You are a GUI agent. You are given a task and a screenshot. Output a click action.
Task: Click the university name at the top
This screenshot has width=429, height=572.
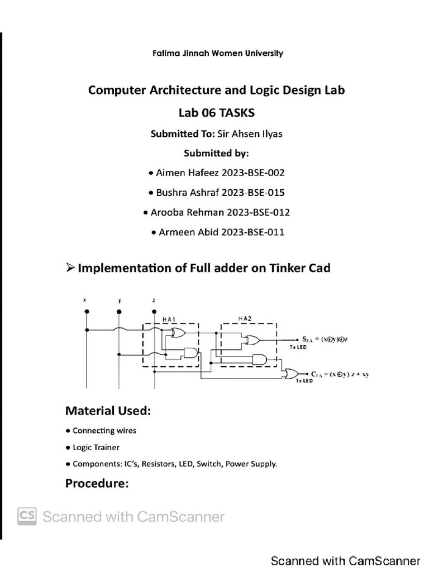click(218, 54)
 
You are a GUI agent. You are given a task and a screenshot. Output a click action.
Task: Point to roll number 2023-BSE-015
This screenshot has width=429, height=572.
click(253, 193)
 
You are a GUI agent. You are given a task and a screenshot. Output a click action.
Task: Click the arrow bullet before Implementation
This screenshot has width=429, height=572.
click(70, 268)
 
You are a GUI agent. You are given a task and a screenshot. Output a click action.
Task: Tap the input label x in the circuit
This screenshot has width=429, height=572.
click(85, 300)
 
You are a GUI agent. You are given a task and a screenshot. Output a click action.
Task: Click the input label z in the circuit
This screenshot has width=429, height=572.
click(154, 300)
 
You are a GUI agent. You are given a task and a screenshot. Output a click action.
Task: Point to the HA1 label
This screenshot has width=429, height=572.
click(169, 319)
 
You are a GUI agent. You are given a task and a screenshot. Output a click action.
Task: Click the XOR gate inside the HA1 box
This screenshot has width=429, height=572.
click(178, 333)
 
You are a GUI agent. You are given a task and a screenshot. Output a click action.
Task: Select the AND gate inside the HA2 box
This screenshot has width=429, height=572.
click(260, 359)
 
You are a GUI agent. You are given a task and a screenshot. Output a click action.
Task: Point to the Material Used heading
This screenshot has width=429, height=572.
click(108, 411)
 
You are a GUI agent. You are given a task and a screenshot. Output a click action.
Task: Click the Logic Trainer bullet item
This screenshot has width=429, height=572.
click(96, 447)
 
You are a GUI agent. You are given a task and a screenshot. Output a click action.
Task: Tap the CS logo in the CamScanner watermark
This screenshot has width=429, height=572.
click(27, 516)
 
